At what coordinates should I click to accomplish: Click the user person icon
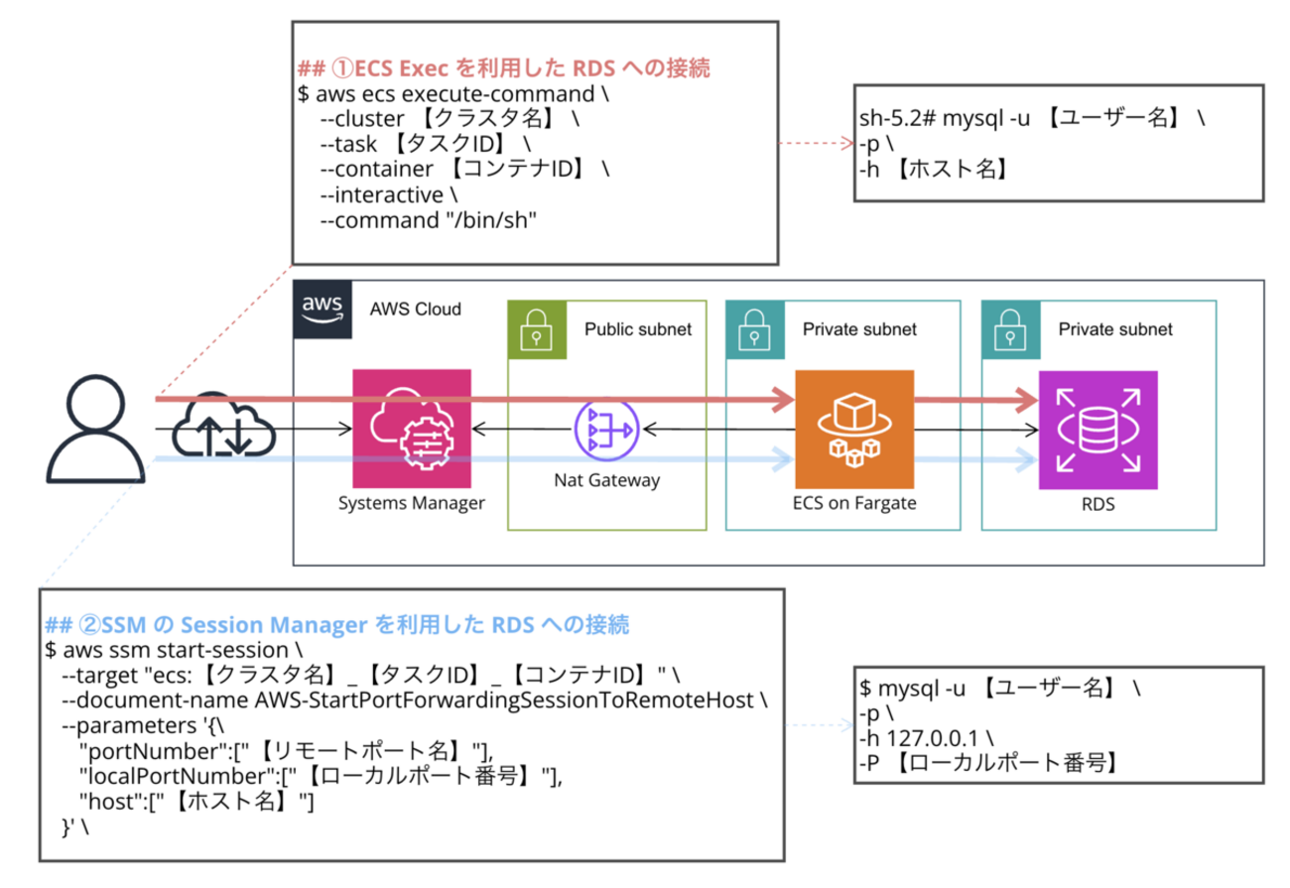(x=96, y=430)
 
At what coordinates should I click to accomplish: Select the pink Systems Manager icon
(x=412, y=429)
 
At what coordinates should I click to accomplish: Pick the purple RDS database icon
(x=1097, y=430)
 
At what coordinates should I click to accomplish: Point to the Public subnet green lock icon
(x=536, y=329)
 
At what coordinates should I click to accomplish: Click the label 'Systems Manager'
(x=411, y=503)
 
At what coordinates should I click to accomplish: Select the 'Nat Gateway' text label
(x=607, y=481)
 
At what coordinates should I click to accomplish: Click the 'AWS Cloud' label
(x=415, y=310)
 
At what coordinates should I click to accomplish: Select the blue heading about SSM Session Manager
(x=337, y=625)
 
